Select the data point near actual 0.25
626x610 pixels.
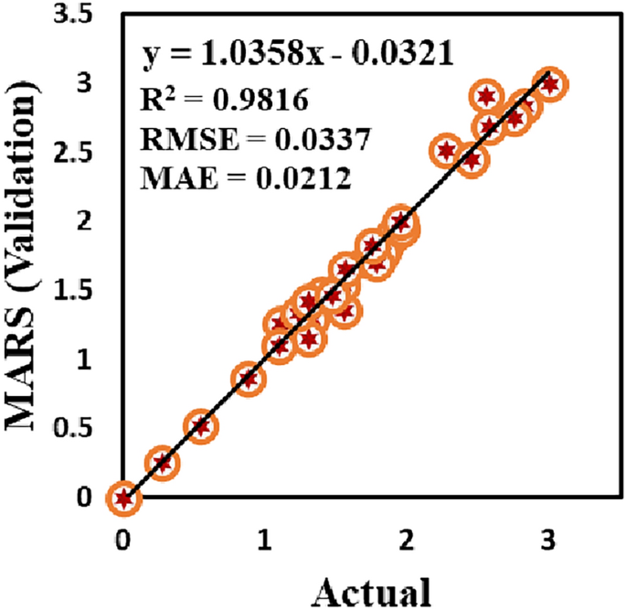tap(162, 463)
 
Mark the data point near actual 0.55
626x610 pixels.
tap(202, 426)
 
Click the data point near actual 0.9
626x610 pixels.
tap(248, 379)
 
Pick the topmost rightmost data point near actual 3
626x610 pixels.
tap(550, 84)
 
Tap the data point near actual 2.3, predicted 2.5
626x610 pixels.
tap(447, 151)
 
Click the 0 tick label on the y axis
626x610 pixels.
tap(84, 498)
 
